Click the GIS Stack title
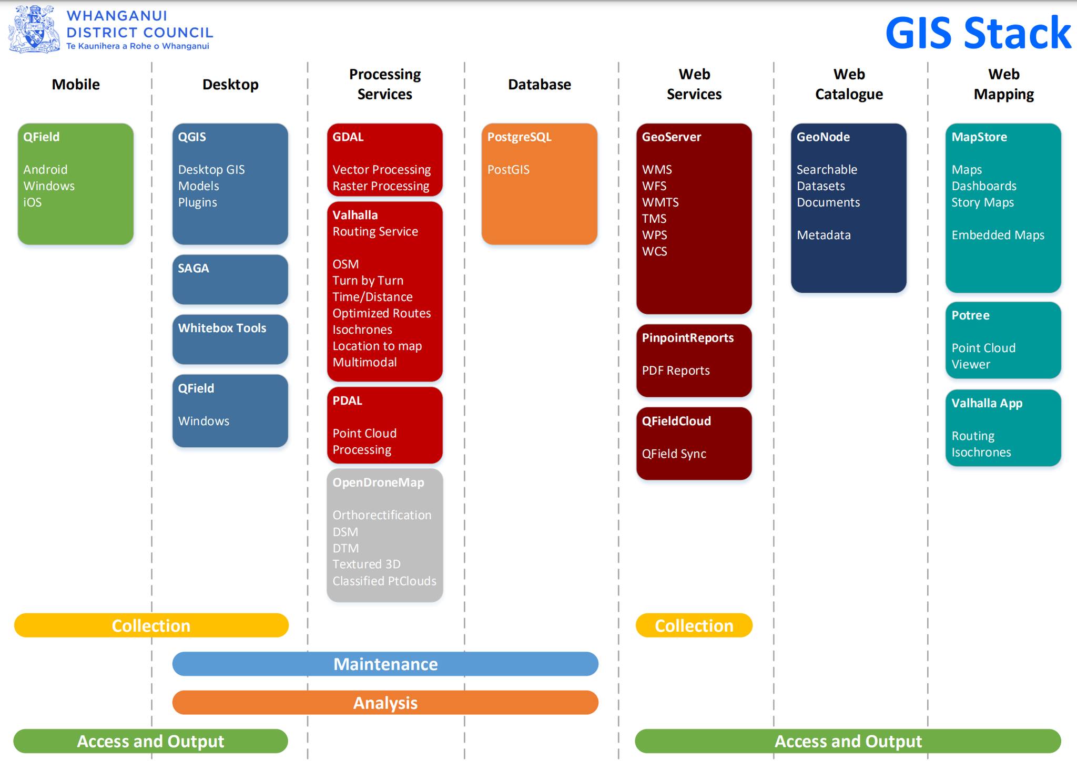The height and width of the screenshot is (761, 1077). (x=978, y=33)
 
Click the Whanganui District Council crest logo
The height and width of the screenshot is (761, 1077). (x=34, y=29)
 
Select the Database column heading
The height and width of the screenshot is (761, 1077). (x=539, y=85)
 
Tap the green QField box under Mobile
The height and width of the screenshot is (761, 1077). (x=75, y=184)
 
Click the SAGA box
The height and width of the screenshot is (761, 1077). (x=230, y=279)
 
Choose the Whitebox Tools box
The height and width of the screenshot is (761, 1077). (x=230, y=339)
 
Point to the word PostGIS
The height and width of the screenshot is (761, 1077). (x=508, y=170)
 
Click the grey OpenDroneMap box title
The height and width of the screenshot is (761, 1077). (x=378, y=482)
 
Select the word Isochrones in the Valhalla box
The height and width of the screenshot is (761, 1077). (x=362, y=330)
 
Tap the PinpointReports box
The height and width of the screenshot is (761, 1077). (x=694, y=360)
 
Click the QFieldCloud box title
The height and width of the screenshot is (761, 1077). (x=676, y=421)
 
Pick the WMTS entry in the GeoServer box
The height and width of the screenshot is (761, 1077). (x=660, y=202)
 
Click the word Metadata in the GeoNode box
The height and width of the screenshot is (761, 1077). (x=824, y=235)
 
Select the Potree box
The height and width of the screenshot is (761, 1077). (x=1003, y=340)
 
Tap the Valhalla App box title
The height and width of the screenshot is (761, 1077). (x=987, y=403)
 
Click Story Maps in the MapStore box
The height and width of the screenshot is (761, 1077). (x=982, y=202)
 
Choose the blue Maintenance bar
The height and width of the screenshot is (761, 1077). (x=385, y=664)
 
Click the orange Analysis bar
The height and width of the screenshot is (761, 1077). (x=385, y=703)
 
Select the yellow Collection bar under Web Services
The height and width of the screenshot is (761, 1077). (x=694, y=625)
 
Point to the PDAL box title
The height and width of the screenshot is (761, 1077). (x=347, y=400)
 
